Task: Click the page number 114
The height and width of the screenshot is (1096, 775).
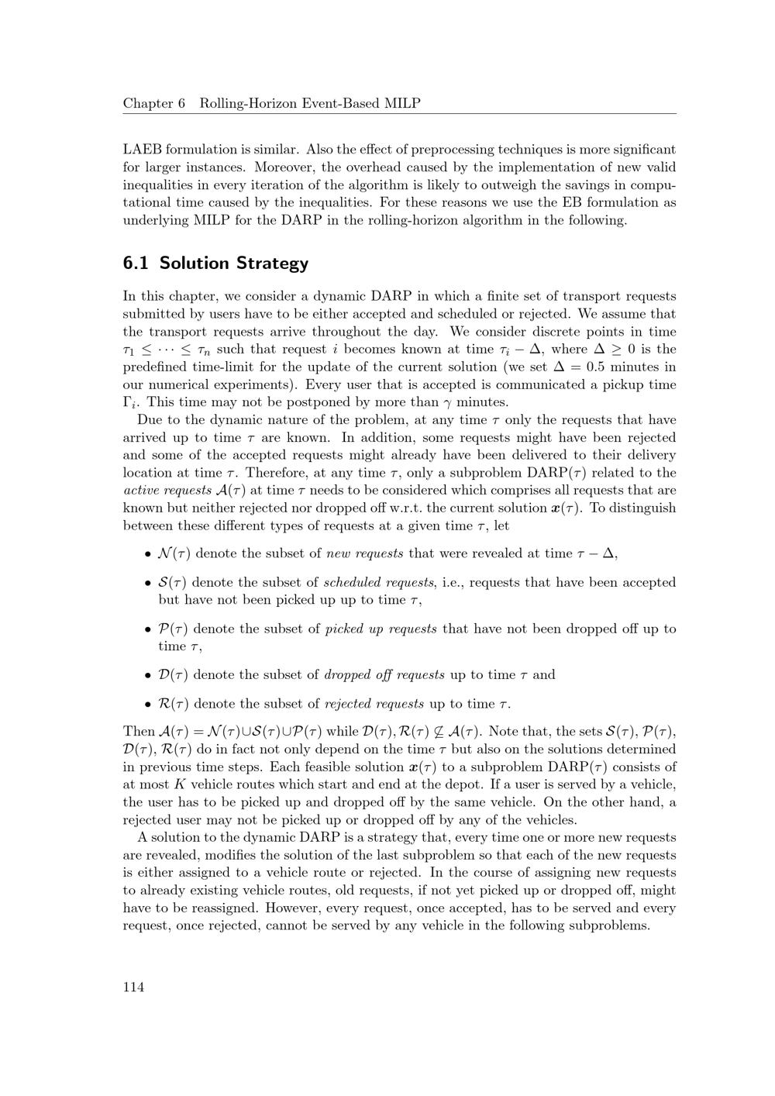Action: tap(133, 987)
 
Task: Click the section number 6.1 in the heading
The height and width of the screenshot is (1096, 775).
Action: tap(136, 263)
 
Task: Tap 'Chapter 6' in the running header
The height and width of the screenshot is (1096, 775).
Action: tap(154, 103)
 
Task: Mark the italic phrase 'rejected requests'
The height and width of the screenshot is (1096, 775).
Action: tap(374, 704)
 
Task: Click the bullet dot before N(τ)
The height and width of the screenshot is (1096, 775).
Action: tap(147, 553)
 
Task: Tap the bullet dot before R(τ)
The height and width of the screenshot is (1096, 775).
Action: tap(147, 704)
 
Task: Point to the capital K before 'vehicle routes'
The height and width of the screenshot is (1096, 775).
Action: tap(179, 784)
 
